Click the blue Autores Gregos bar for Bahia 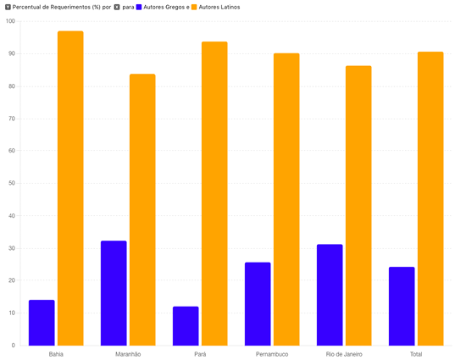coord(42,323)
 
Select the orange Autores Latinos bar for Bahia coord(70,188)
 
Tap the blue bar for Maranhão coord(114,293)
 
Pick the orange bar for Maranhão coord(142,210)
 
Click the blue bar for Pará coord(186,326)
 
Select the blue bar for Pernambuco coord(258,304)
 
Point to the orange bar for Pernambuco coord(286,199)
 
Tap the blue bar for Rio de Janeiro coord(330,295)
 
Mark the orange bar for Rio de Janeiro coord(358,206)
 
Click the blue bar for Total coord(402,307)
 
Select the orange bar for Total coord(430,199)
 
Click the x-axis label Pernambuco coord(272,354)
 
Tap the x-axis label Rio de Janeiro coord(344,354)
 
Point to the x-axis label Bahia coord(56,354)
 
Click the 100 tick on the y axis coord(10,21)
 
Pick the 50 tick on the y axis coord(12,183)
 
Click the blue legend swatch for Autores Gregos coord(139,7)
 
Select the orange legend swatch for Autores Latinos coord(194,7)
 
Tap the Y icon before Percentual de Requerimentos coord(8,7)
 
